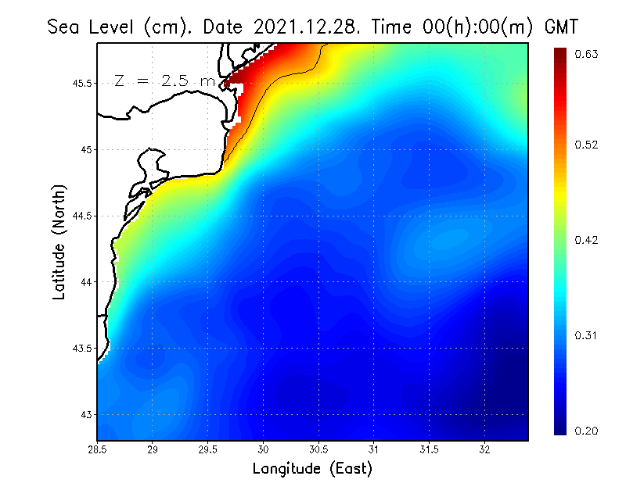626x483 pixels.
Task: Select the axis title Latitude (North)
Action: [59, 241]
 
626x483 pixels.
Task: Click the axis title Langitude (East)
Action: [312, 469]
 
